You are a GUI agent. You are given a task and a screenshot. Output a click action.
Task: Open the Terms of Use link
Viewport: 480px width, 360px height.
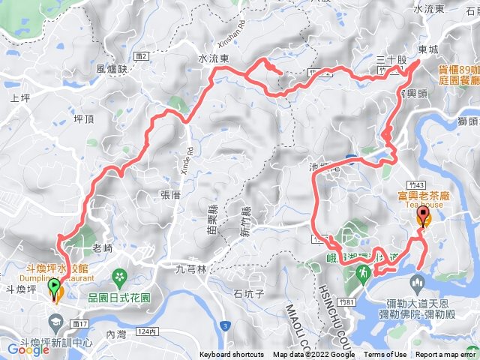pyautogui.click(x=385, y=355)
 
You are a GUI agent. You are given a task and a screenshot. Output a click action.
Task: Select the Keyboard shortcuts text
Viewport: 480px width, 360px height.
pyautogui.click(x=232, y=355)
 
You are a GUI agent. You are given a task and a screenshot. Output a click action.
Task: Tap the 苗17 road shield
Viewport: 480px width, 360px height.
pyautogui.click(x=81, y=324)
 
